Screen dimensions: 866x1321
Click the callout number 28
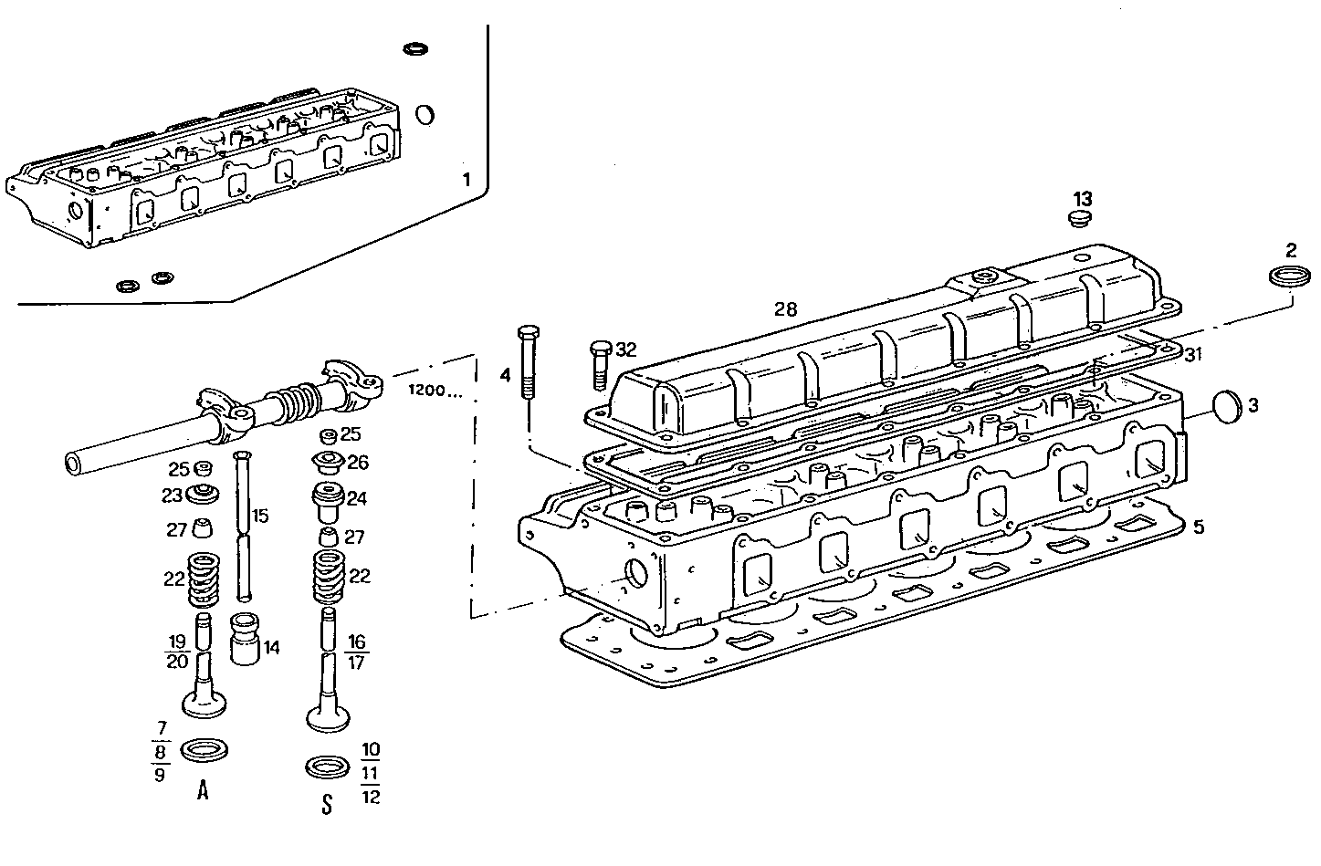point(785,309)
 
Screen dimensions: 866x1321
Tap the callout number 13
point(1082,199)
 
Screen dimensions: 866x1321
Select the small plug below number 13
point(1080,219)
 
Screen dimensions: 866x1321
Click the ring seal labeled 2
point(1289,277)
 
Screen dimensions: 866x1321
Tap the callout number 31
point(1194,354)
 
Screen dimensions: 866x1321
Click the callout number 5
point(1198,527)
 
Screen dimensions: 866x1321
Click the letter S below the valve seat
point(327,806)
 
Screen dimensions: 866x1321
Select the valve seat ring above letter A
point(204,750)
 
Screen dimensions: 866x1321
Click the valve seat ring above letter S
point(328,766)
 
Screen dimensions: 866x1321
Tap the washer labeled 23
point(204,496)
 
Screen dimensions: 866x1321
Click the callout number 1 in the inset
point(466,180)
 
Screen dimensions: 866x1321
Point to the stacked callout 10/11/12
point(371,773)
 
